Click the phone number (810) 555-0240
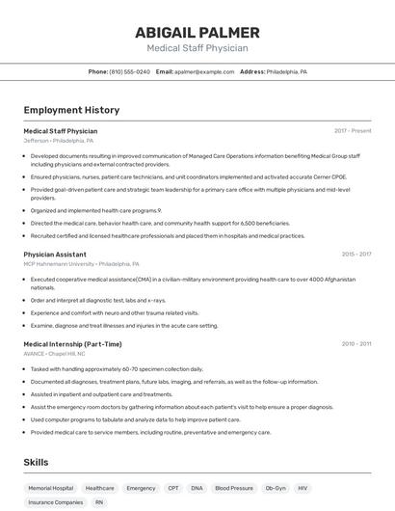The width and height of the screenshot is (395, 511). (129, 71)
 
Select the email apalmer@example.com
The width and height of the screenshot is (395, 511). (204, 71)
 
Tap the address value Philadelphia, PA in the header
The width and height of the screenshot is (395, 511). (286, 71)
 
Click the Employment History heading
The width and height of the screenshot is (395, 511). (71, 110)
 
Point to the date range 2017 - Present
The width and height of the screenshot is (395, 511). (353, 130)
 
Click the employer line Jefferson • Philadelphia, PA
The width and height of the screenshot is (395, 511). (58, 141)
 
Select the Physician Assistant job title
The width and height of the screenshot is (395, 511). (55, 255)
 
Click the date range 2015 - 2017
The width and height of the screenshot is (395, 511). (355, 255)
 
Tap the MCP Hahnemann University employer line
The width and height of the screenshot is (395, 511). (81, 264)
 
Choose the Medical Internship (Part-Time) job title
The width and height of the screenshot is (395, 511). (72, 344)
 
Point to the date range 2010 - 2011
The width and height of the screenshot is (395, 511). (355, 344)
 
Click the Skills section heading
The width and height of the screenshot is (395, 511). (36, 463)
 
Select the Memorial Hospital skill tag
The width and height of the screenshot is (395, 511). (50, 489)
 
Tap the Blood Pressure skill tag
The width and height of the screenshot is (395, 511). (234, 489)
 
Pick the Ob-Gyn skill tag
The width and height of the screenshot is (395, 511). (276, 489)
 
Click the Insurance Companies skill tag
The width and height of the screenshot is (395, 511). (55, 502)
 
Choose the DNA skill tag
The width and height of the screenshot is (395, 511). (197, 489)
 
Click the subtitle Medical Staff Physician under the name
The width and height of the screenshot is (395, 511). (197, 47)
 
